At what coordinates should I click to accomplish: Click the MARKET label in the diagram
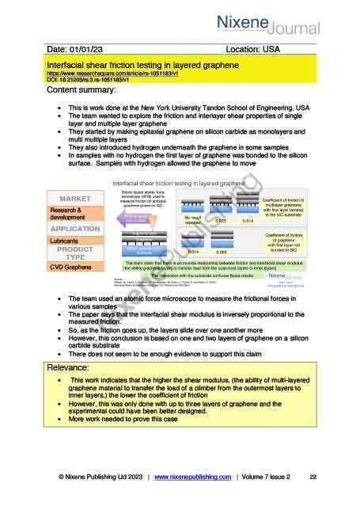pos(75,197)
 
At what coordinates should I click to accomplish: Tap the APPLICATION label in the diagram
pos(74,228)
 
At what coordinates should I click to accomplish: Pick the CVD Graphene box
pos(74,267)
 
